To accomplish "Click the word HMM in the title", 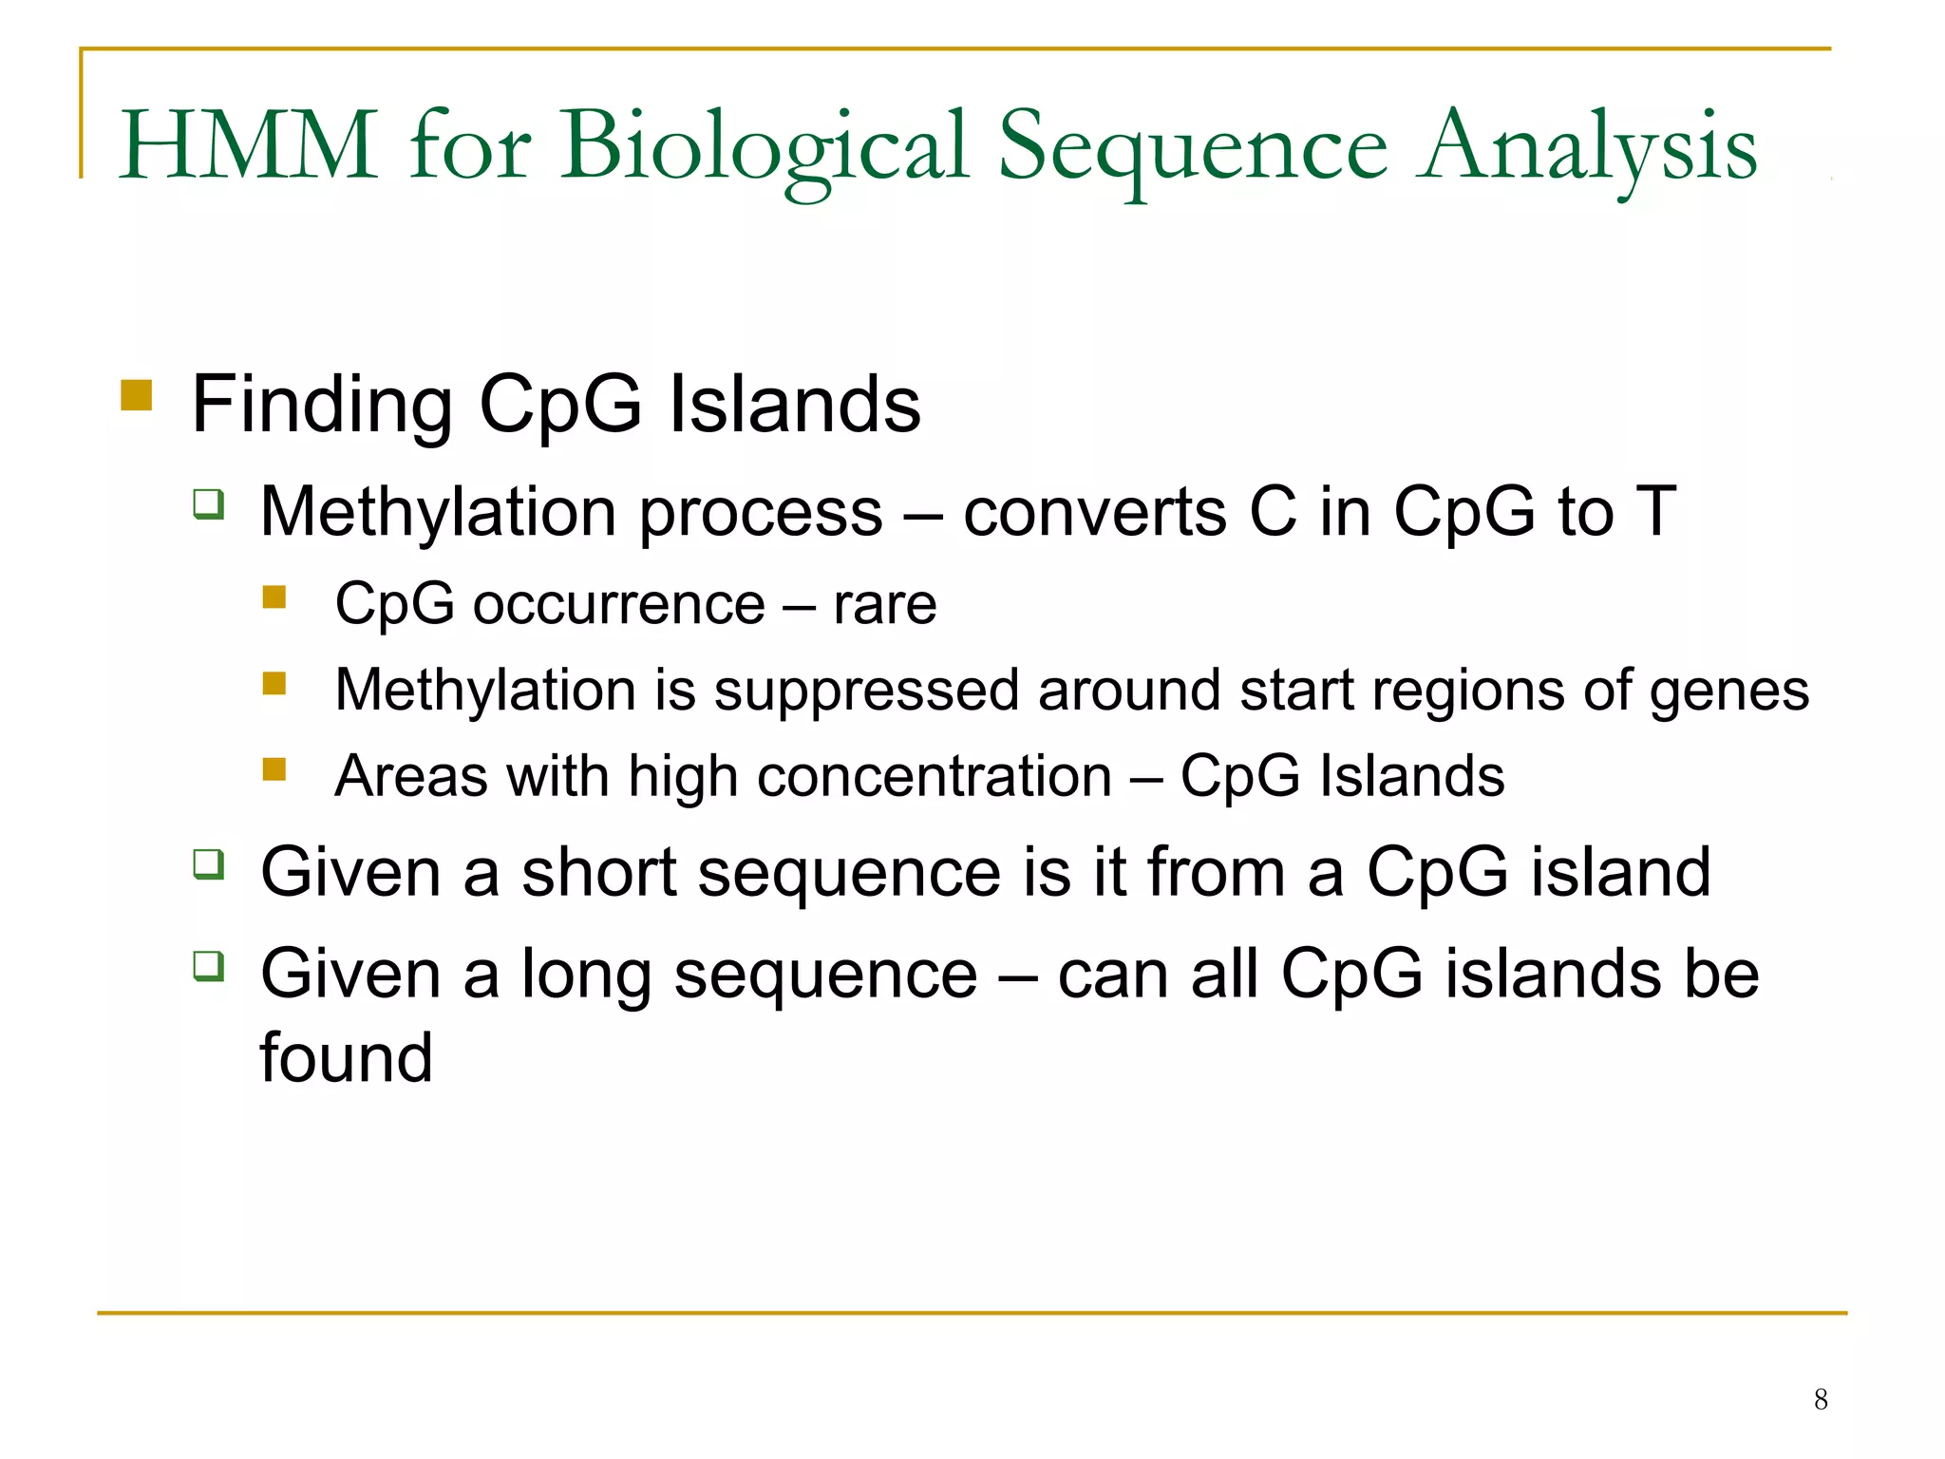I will [249, 146].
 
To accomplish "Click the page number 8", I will [1820, 1399].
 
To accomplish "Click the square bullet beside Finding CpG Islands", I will [137, 394].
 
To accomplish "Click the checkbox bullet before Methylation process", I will [208, 502].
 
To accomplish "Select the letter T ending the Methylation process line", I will [1655, 512].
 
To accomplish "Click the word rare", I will [884, 604].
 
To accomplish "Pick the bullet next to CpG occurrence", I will [274, 597].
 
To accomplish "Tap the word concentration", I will [935, 777].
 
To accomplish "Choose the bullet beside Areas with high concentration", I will [274, 768].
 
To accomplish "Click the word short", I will [599, 872].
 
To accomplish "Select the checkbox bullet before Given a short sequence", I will [208, 863].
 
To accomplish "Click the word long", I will [585, 976].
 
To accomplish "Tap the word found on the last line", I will [347, 1057].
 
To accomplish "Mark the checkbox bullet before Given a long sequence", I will [208, 965].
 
